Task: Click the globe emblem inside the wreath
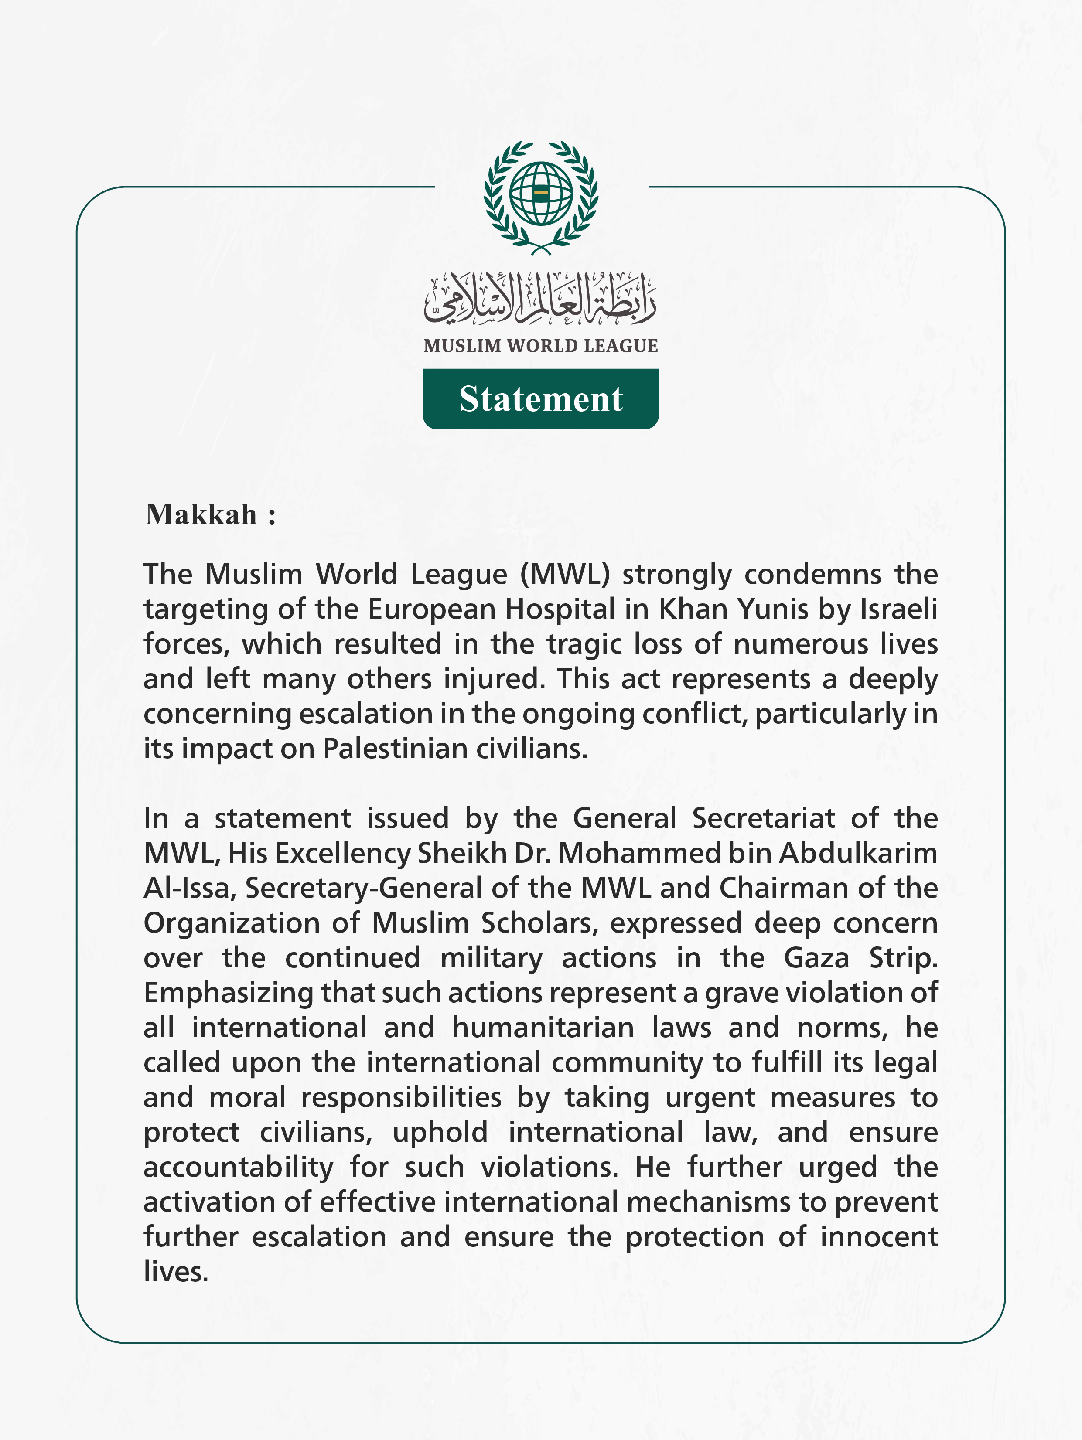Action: point(540,193)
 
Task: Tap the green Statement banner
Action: point(540,399)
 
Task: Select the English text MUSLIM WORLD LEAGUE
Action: point(540,346)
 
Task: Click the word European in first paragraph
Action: point(432,609)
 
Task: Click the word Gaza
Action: point(816,958)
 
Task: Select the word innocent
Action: point(879,1237)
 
